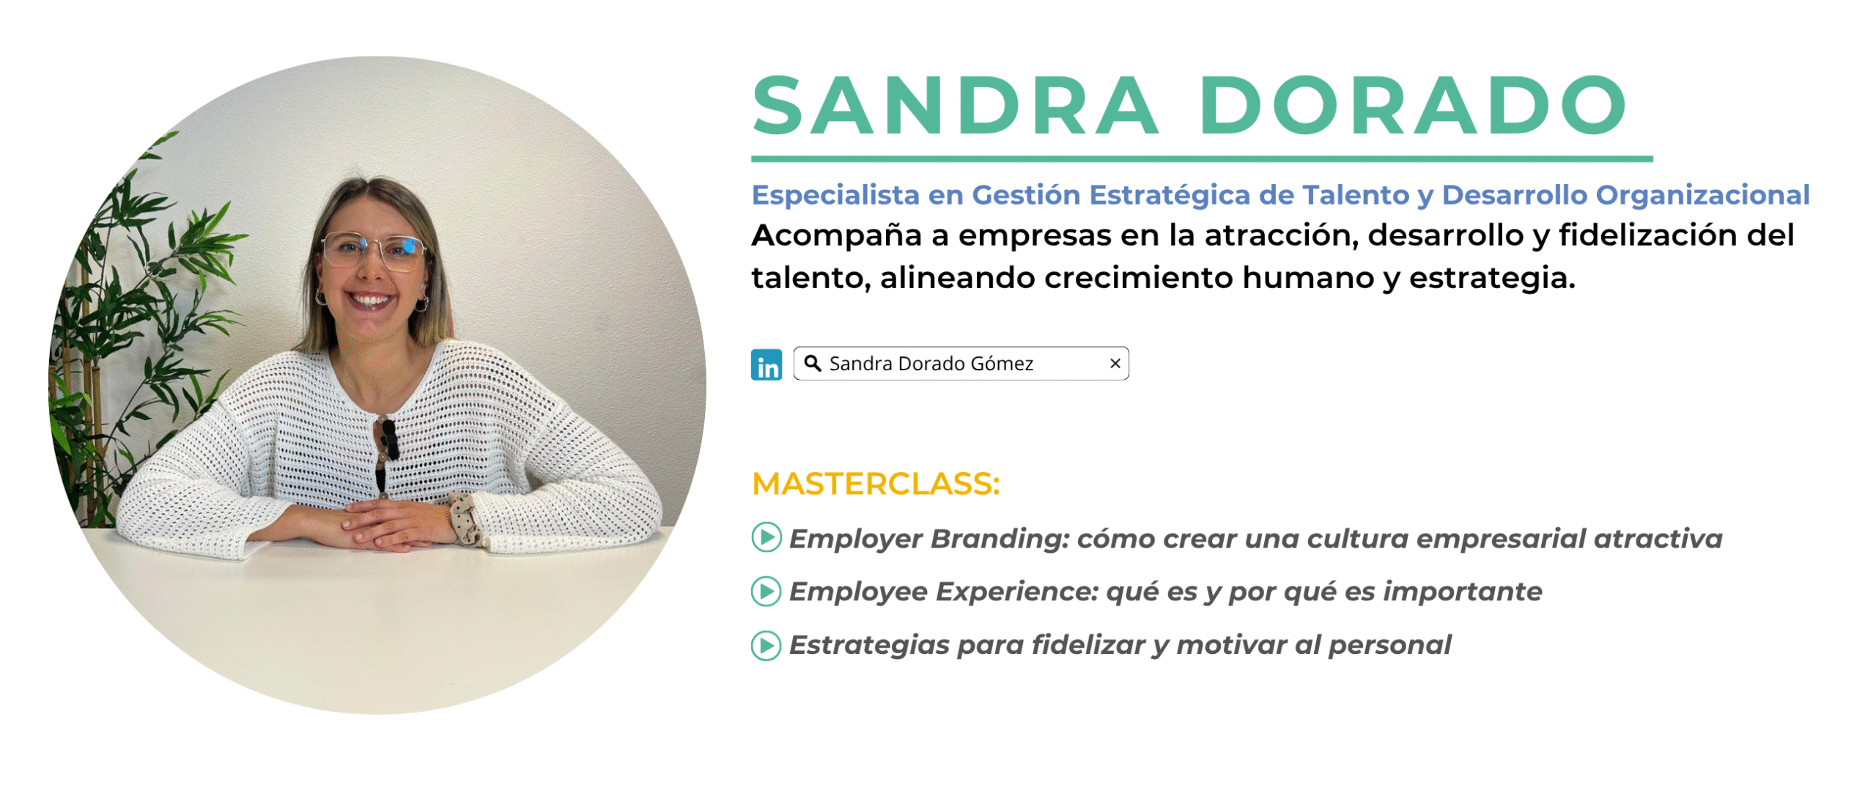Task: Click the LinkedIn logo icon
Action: click(x=766, y=364)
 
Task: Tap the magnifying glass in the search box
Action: click(x=812, y=363)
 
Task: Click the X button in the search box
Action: click(x=1115, y=363)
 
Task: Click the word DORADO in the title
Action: click(x=1412, y=106)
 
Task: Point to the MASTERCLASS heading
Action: click(x=876, y=484)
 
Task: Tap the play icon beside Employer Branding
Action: click(x=767, y=537)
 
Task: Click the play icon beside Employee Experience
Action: click(x=767, y=591)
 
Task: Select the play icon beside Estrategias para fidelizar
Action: click(x=767, y=645)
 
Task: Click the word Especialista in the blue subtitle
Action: click(x=835, y=195)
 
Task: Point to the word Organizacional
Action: click(x=1702, y=195)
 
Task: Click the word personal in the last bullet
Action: click(x=1389, y=645)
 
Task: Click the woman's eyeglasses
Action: click(x=374, y=251)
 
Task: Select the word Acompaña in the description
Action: click(x=836, y=236)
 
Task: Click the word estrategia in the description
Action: click(x=1492, y=279)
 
